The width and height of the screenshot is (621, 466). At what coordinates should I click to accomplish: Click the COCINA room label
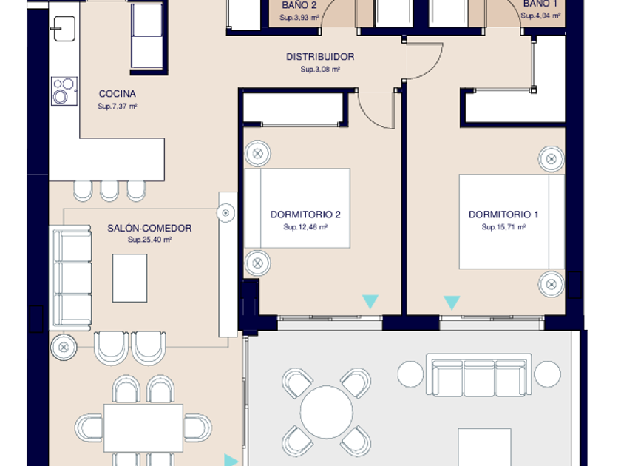118,94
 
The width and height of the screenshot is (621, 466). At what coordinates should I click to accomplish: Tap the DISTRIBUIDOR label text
320,57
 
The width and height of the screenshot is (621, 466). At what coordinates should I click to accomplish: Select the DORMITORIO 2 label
305,215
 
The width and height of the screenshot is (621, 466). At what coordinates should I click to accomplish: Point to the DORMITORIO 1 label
503,215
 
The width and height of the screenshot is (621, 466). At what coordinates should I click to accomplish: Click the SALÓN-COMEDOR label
149,228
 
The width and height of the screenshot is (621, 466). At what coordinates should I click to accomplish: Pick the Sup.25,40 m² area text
149,240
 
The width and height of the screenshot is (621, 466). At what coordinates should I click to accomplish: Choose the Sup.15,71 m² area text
503,227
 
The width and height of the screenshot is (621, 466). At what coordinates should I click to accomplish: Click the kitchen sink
64,29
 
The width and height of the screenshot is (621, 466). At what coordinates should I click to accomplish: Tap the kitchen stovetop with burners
64,91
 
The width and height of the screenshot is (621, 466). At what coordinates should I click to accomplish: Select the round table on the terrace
326,412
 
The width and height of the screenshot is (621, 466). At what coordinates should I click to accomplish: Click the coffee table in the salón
130,278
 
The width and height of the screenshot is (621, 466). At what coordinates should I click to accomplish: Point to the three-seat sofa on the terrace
479,375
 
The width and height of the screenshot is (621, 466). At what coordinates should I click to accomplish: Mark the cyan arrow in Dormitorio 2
370,301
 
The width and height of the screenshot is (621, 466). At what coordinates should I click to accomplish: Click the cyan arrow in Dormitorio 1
452,303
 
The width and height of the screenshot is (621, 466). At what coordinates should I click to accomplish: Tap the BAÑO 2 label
299,5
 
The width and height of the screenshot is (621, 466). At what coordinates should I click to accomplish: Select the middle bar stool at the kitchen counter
109,191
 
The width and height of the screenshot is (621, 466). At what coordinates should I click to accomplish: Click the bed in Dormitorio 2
297,209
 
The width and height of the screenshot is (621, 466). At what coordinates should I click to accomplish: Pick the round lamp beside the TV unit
225,213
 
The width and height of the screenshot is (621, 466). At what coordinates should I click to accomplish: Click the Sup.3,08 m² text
320,70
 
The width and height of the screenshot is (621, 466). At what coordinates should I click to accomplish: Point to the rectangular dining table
143,428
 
